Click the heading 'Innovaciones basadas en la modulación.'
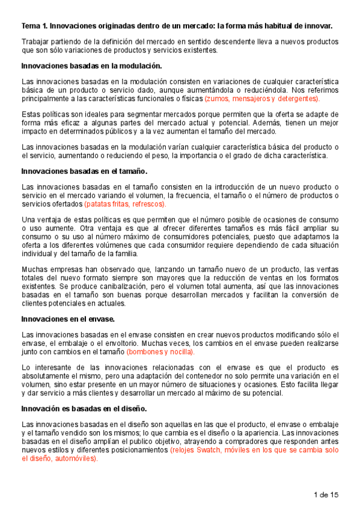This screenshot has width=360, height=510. (91, 66)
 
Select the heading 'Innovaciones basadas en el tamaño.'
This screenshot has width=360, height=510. (84, 171)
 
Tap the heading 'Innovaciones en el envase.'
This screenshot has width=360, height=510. (68, 318)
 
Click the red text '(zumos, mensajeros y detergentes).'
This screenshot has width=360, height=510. (262, 98)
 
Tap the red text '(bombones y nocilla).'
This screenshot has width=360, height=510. (160, 351)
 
